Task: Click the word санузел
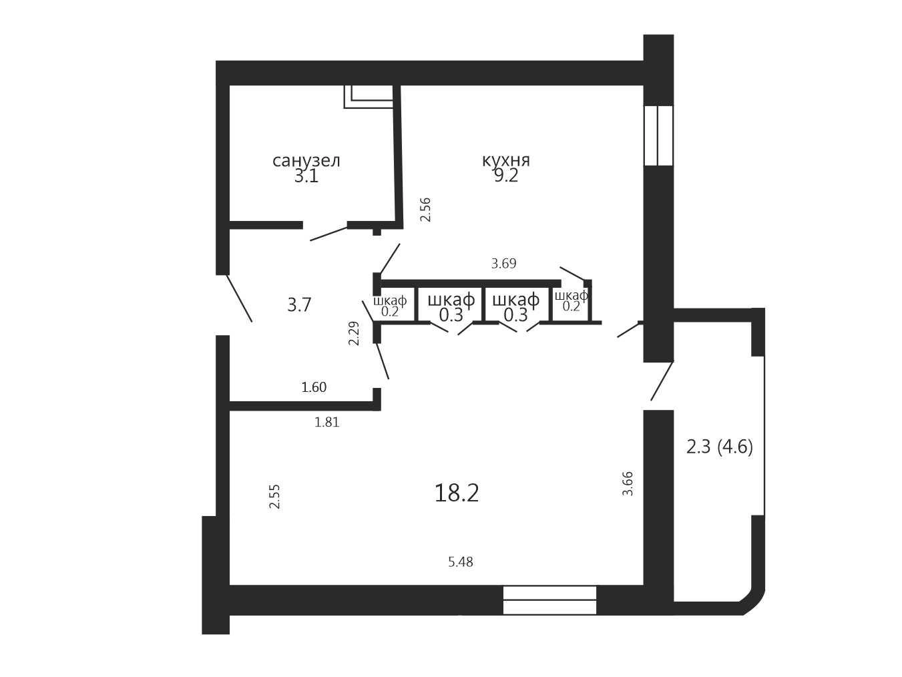[x=306, y=161]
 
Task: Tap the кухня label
[x=506, y=160]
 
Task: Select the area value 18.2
[x=457, y=493]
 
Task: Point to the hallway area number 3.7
[x=299, y=305]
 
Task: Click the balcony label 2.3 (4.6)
[x=720, y=447]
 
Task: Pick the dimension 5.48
[x=461, y=562]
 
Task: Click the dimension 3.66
[x=628, y=483]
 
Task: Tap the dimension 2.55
[x=274, y=497]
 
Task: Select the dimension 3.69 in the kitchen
[x=504, y=263]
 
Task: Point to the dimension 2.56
[x=425, y=210]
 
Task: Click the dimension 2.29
[x=354, y=333]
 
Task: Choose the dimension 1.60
[x=314, y=387]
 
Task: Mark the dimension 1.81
[x=327, y=423]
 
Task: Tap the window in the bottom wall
[x=549, y=600]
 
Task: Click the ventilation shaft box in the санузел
[x=369, y=97]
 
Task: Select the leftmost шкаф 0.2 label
[x=390, y=306]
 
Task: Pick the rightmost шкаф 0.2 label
[x=572, y=300]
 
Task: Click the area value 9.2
[x=506, y=176]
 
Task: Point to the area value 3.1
[x=306, y=177]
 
